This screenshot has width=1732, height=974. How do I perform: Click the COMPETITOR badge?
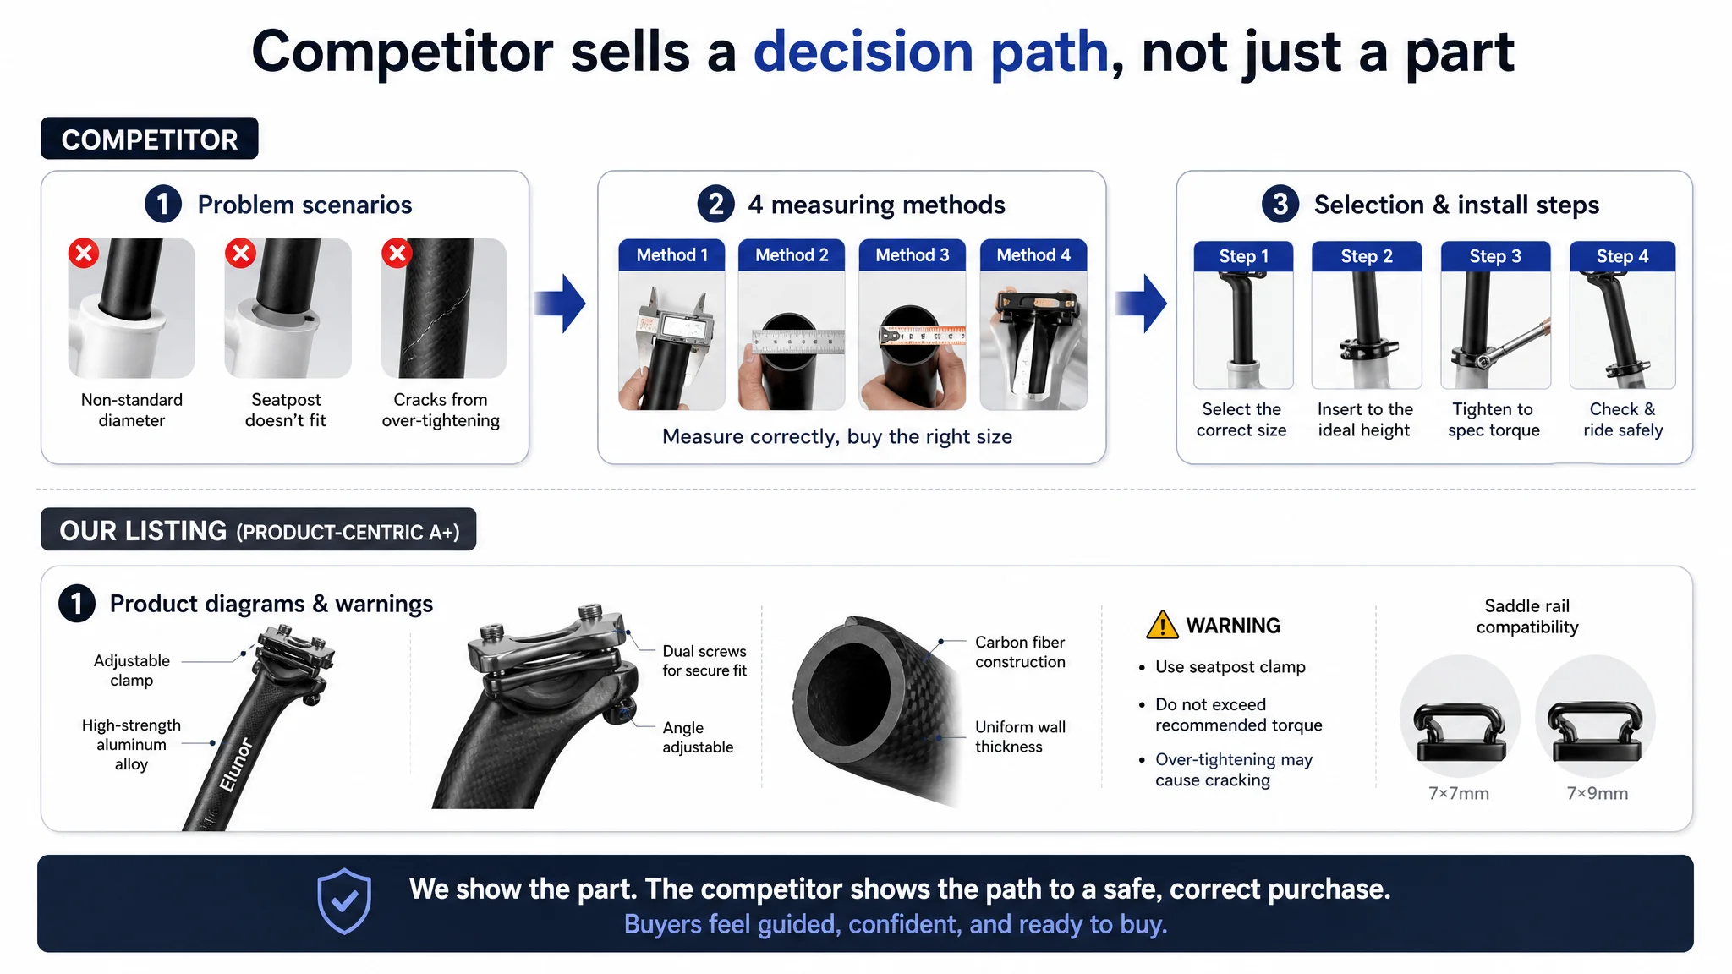tap(150, 139)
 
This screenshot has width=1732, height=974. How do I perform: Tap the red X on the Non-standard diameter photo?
tap(84, 253)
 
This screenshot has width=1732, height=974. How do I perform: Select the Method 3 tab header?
tap(912, 254)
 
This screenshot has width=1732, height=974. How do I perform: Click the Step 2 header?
tap(1367, 256)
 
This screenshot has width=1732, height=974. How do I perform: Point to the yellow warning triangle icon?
tap(1162, 625)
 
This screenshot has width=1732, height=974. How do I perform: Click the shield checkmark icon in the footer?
tap(344, 901)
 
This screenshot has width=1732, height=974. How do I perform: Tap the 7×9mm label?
tap(1598, 793)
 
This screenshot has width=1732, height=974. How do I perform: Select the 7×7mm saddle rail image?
tap(1461, 718)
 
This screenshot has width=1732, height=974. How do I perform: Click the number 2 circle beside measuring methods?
tap(716, 204)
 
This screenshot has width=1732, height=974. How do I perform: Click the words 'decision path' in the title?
tap(930, 52)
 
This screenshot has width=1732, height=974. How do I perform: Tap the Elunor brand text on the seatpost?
tap(236, 764)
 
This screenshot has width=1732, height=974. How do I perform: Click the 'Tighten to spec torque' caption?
tap(1494, 419)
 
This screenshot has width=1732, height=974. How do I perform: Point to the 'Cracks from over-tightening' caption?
tap(441, 410)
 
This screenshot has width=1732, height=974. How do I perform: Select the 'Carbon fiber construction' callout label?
tap(1020, 652)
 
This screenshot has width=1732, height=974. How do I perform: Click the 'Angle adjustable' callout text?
tap(698, 737)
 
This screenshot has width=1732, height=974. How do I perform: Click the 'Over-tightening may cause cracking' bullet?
tap(1233, 769)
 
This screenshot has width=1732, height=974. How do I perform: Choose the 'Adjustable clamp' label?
tap(132, 670)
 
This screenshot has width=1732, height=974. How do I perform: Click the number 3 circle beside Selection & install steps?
tap(1280, 204)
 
